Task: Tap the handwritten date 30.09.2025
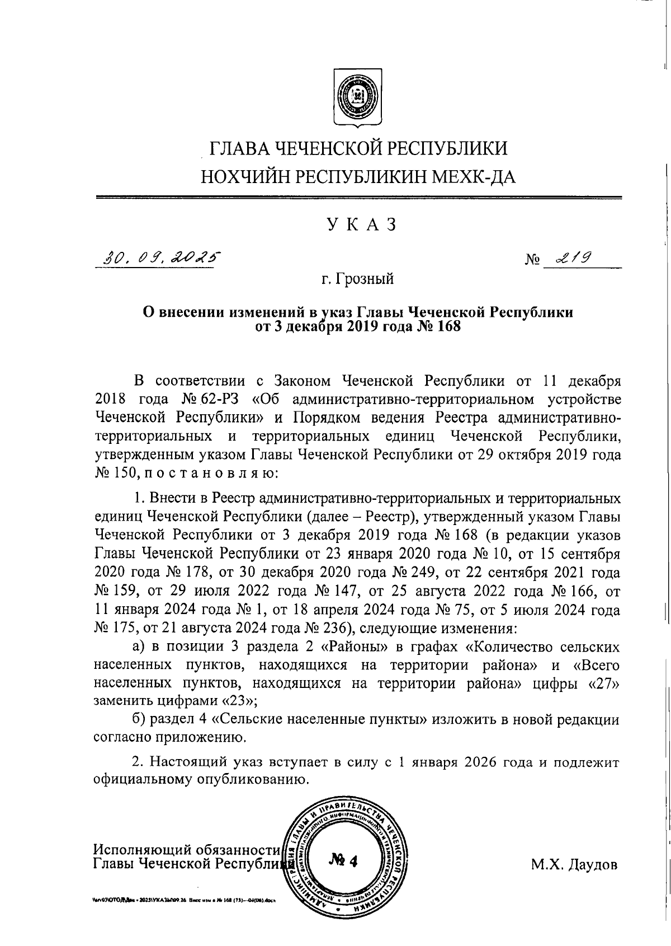pyautogui.click(x=157, y=258)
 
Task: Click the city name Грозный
pyautogui.click(x=366, y=278)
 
